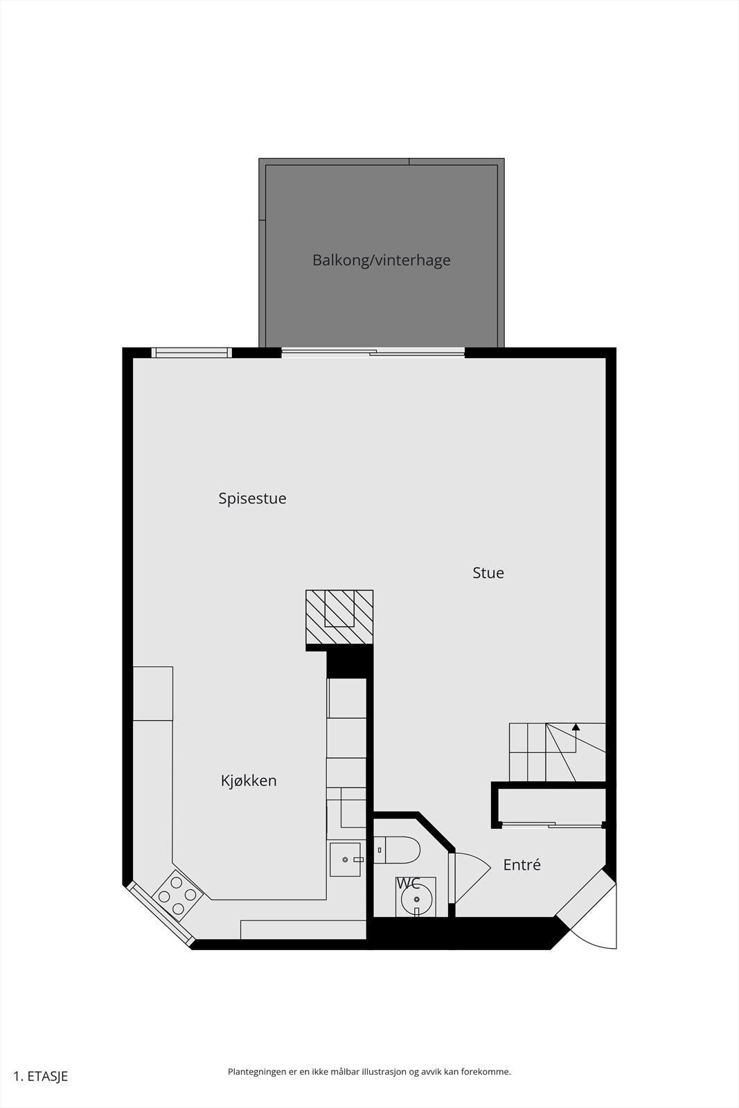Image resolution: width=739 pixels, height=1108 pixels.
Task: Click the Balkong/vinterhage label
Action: pos(381,260)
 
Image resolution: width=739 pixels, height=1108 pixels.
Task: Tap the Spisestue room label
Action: pos(252,499)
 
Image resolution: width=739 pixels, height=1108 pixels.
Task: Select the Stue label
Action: pos(488,573)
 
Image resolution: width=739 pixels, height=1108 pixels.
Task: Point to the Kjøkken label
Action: pos(249,780)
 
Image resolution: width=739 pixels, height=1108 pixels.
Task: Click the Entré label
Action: pos(522,865)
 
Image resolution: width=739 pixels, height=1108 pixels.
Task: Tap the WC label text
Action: pos(408,884)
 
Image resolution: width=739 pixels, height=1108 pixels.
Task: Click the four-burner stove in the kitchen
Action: pos(177,895)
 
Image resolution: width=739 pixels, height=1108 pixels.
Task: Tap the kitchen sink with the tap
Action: pos(346,859)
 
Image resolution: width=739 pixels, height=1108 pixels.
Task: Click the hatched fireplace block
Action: pos(339,617)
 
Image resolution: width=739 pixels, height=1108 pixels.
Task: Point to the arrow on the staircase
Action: pos(576,728)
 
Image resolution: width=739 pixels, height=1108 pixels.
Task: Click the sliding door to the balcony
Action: pos(373,353)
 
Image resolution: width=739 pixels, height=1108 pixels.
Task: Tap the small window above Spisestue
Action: pos(192,353)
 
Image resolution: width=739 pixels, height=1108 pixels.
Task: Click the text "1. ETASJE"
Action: pos(41,1076)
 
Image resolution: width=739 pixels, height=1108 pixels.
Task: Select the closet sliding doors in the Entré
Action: pos(552,825)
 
